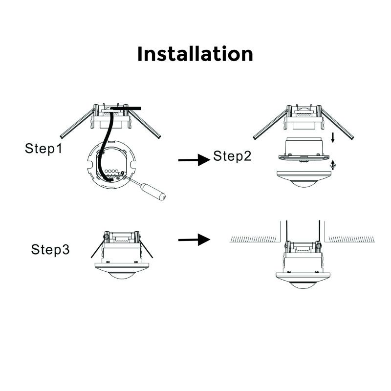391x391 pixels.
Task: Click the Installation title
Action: [x=195, y=54]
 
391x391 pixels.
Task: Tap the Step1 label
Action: [x=43, y=149]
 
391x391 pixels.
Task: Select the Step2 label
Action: [x=232, y=156]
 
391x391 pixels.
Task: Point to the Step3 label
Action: [x=50, y=249]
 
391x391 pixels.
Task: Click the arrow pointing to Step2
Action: [x=194, y=160]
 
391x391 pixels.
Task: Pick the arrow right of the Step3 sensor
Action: [x=194, y=239]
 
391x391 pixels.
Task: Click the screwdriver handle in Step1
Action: [x=153, y=192]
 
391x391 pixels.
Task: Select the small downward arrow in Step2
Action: [x=333, y=138]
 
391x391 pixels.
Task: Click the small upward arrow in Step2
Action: [x=333, y=165]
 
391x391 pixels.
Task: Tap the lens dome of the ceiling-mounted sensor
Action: [x=303, y=285]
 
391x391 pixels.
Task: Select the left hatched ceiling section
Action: [x=253, y=239]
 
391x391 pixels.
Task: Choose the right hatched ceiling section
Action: [x=351, y=239]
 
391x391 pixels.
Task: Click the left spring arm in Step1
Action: [x=77, y=124]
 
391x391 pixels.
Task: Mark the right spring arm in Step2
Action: [x=337, y=124]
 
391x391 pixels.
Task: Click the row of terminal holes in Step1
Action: [x=111, y=172]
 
